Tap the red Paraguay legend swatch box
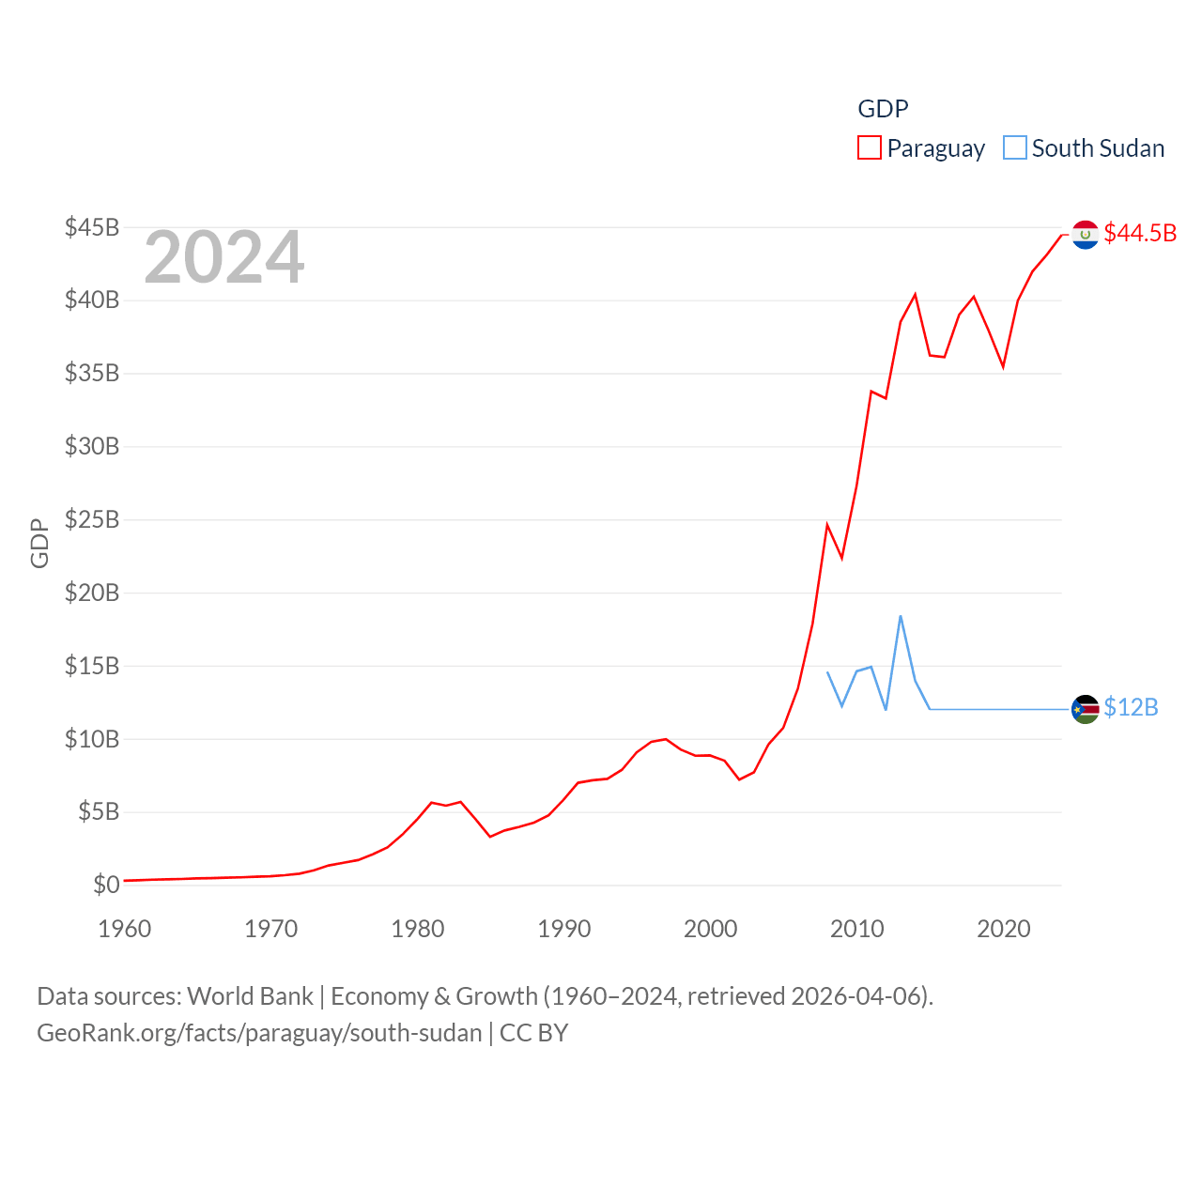pos(870,148)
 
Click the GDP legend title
pos(883,109)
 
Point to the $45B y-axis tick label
pos(92,227)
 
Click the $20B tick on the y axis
pos(92,593)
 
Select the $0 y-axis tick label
pos(106,885)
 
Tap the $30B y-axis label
pos(92,446)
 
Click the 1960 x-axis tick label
pos(125,929)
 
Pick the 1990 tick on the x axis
pos(564,929)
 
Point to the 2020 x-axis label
pos(1004,929)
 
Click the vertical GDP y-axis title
pos(39,543)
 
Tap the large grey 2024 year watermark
pos(224,257)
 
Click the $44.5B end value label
pos(1140,233)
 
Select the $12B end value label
pos(1131,707)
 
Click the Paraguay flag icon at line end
pos(1086,235)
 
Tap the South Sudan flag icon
pos(1086,709)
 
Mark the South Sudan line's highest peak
pos(901,616)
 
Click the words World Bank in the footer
pos(251,995)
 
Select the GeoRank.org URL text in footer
pos(259,1033)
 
